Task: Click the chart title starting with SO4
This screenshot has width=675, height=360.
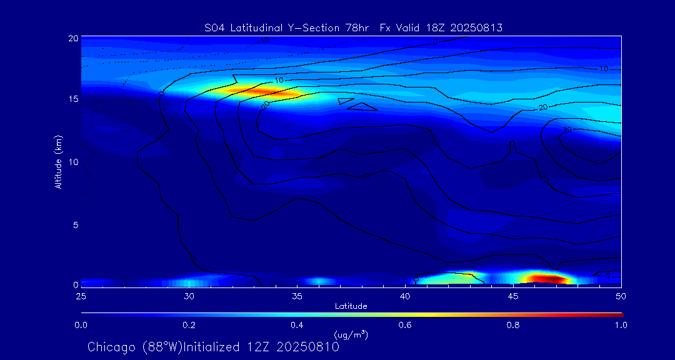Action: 354,28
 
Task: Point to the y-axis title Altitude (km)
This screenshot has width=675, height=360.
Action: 58,161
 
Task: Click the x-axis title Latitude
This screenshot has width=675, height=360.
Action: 351,306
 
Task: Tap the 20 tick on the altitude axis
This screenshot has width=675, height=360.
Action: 72,38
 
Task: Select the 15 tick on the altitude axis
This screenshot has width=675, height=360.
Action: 72,99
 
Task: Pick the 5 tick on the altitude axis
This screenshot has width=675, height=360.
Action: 75,224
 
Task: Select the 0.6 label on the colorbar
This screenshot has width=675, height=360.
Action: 405,325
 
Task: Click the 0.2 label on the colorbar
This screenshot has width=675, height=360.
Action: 189,325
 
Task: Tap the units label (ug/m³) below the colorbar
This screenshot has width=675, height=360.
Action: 351,335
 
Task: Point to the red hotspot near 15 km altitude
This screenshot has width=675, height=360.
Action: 262,92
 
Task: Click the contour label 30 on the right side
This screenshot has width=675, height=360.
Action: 567,129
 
